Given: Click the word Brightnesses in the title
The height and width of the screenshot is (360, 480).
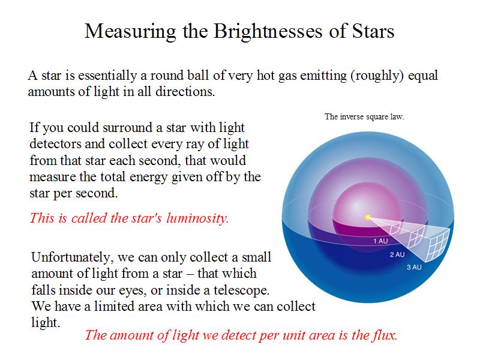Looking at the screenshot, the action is [x=268, y=32].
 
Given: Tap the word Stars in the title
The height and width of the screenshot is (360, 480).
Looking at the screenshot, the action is [x=373, y=31].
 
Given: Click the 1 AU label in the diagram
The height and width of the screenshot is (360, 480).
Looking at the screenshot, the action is [x=380, y=241].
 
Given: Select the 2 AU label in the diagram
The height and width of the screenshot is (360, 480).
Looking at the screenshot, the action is [x=397, y=254].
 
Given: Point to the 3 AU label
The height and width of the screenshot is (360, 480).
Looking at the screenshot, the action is [x=414, y=267].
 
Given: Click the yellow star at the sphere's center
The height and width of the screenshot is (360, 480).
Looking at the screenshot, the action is [x=368, y=217].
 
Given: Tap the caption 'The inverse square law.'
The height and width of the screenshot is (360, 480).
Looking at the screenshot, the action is [x=364, y=116].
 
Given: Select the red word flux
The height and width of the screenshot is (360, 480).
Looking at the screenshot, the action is [x=385, y=335].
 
